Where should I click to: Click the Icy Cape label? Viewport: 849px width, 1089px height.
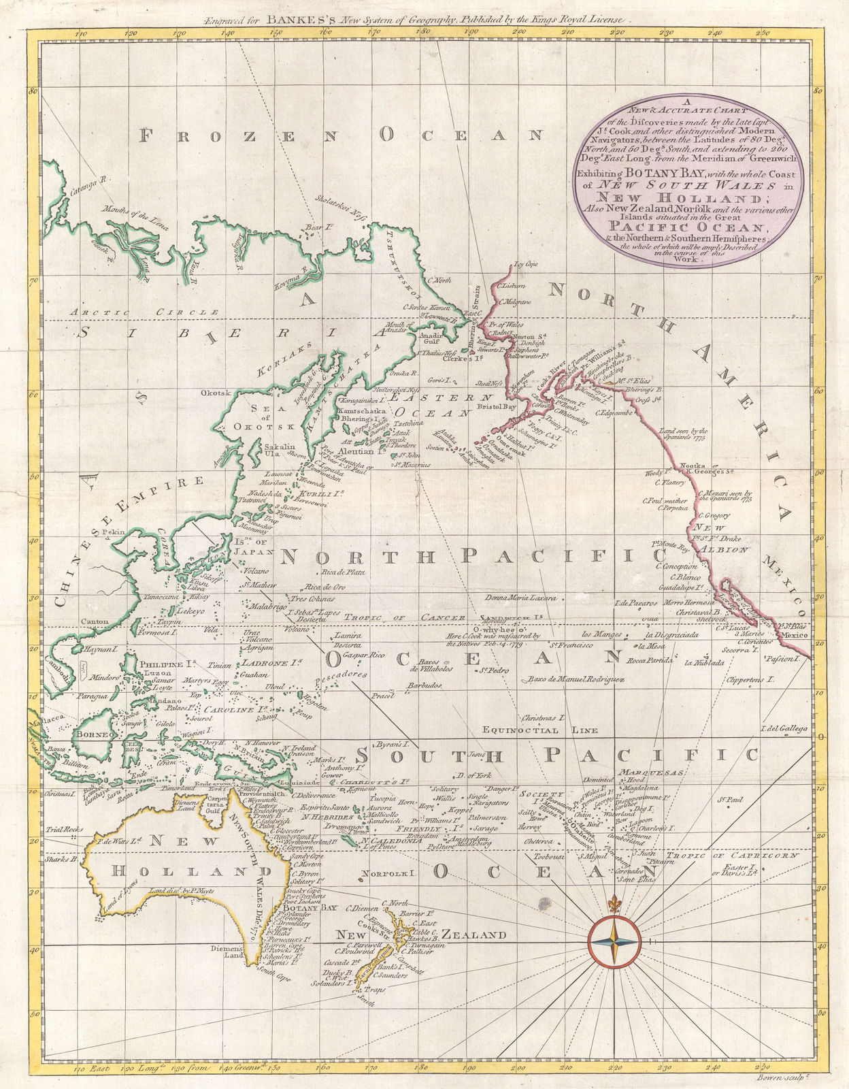526,263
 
